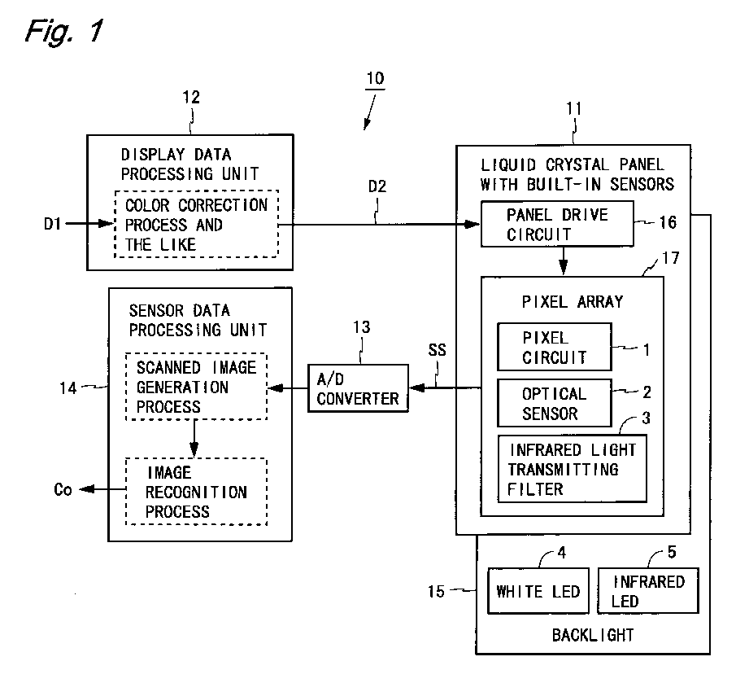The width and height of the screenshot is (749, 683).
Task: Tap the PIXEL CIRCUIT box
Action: pos(554,346)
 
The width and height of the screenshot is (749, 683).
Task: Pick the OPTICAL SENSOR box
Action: pos(554,403)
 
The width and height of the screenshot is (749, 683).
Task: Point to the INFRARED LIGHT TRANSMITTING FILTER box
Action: pos(572,469)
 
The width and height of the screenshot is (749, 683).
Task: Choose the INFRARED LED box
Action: pos(647,591)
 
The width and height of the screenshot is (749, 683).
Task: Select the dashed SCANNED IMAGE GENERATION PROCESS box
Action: pos(196,387)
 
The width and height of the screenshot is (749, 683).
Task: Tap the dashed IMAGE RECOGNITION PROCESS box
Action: pos(196,491)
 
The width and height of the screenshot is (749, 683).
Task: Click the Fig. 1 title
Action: pos(64,32)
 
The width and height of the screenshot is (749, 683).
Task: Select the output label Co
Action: pos(63,490)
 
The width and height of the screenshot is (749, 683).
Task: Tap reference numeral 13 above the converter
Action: pos(361,328)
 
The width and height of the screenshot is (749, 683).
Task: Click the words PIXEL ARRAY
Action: pos(572,301)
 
